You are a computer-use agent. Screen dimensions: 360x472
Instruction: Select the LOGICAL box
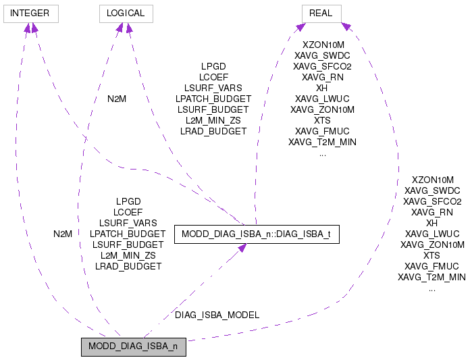(x=126, y=13)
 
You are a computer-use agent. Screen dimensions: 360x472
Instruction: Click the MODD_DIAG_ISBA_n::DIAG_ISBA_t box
(x=256, y=234)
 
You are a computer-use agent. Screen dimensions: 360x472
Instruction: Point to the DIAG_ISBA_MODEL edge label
(x=217, y=315)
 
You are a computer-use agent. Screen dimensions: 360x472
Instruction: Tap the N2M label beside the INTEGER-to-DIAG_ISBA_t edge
(x=117, y=99)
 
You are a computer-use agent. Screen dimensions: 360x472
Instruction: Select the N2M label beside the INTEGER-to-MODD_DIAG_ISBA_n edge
(x=63, y=234)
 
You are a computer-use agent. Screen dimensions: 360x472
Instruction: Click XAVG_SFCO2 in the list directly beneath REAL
(x=322, y=66)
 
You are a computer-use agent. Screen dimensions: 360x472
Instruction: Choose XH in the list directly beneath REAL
(x=322, y=88)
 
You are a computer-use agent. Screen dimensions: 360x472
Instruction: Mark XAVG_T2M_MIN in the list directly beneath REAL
(x=322, y=142)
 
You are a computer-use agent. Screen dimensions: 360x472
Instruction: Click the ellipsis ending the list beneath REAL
(x=322, y=153)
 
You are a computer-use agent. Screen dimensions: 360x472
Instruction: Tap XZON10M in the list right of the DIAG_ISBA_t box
(x=432, y=180)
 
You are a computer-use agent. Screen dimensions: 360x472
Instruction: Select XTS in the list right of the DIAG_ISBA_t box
(x=432, y=255)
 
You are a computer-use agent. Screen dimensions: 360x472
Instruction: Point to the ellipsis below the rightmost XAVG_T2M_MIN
(x=432, y=288)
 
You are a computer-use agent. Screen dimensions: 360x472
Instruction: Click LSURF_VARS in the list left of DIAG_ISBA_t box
(x=128, y=223)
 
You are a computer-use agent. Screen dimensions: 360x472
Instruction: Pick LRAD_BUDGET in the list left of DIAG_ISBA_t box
(x=128, y=266)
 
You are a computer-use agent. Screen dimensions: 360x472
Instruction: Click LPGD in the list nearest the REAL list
(x=213, y=66)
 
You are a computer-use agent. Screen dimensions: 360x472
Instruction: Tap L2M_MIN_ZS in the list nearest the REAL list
(x=213, y=120)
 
